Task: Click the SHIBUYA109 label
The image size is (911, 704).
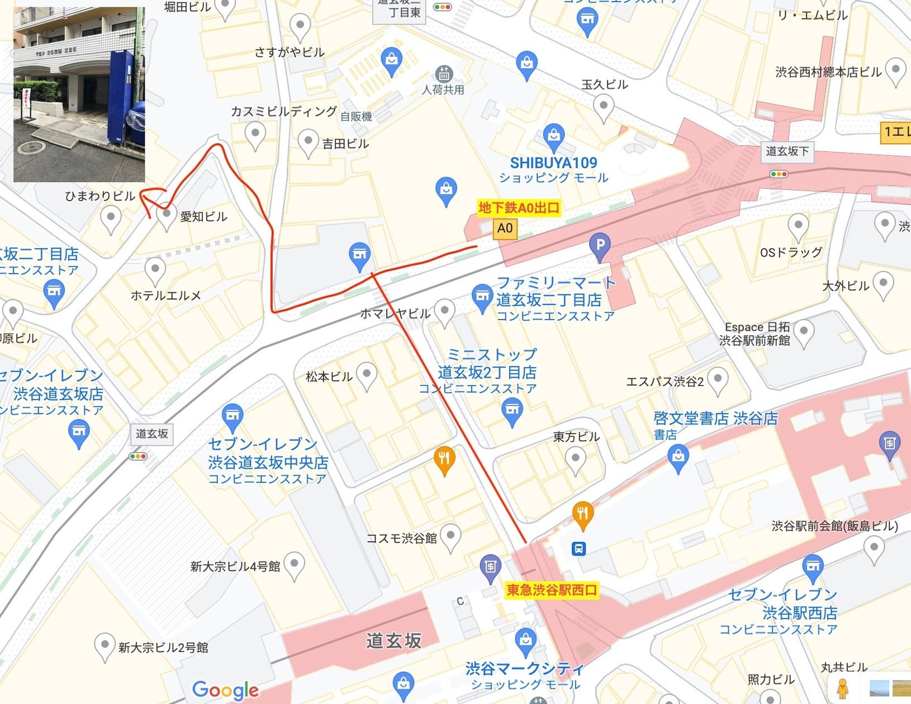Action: (x=553, y=163)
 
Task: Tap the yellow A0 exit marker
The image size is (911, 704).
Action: (x=504, y=228)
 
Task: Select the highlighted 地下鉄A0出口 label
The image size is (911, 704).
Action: (x=519, y=208)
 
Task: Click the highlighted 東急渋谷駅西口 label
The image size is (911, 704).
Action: (x=552, y=589)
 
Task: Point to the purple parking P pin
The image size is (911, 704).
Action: (x=600, y=245)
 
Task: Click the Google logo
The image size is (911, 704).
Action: (x=225, y=690)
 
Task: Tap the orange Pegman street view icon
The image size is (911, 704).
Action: (x=842, y=688)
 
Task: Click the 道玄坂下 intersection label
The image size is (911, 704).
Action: (x=787, y=151)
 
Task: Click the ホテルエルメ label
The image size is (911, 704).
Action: (x=165, y=296)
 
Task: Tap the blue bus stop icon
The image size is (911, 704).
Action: (x=578, y=548)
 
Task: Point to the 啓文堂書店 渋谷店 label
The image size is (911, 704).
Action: (x=715, y=418)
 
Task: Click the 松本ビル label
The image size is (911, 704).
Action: (x=329, y=377)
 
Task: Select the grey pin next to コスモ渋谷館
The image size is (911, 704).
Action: (x=450, y=536)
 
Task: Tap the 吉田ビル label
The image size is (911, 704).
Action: (x=345, y=144)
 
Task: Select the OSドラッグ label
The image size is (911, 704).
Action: (x=791, y=252)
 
